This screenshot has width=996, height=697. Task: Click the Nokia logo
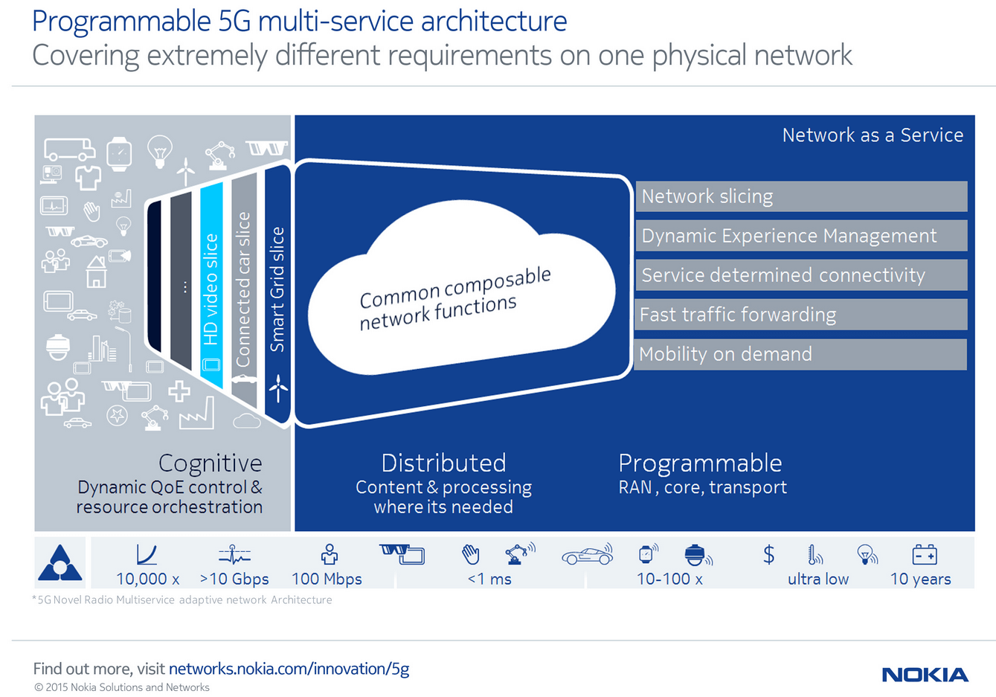click(925, 675)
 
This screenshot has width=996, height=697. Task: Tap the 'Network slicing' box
click(800, 196)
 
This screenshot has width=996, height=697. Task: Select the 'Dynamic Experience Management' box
click(800, 236)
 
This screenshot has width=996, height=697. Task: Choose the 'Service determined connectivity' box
click(800, 275)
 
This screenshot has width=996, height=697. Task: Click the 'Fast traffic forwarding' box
click(800, 315)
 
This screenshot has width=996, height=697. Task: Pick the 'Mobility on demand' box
click(800, 354)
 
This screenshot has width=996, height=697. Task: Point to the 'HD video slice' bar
click(211, 286)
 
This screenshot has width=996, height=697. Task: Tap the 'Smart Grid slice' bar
click(277, 290)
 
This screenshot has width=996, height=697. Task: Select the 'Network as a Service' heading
click(873, 135)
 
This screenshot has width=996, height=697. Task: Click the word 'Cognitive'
click(210, 463)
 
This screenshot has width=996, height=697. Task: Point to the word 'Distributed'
click(443, 463)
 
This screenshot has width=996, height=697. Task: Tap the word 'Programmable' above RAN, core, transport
click(700, 463)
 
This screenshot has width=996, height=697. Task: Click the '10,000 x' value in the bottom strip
click(147, 579)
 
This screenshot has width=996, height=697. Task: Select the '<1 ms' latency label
click(489, 579)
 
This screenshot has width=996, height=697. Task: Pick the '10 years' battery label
click(920, 579)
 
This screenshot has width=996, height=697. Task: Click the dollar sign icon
click(768, 554)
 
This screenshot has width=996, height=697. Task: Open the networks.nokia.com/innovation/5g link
click(289, 669)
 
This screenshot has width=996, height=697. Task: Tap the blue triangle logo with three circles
click(60, 563)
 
